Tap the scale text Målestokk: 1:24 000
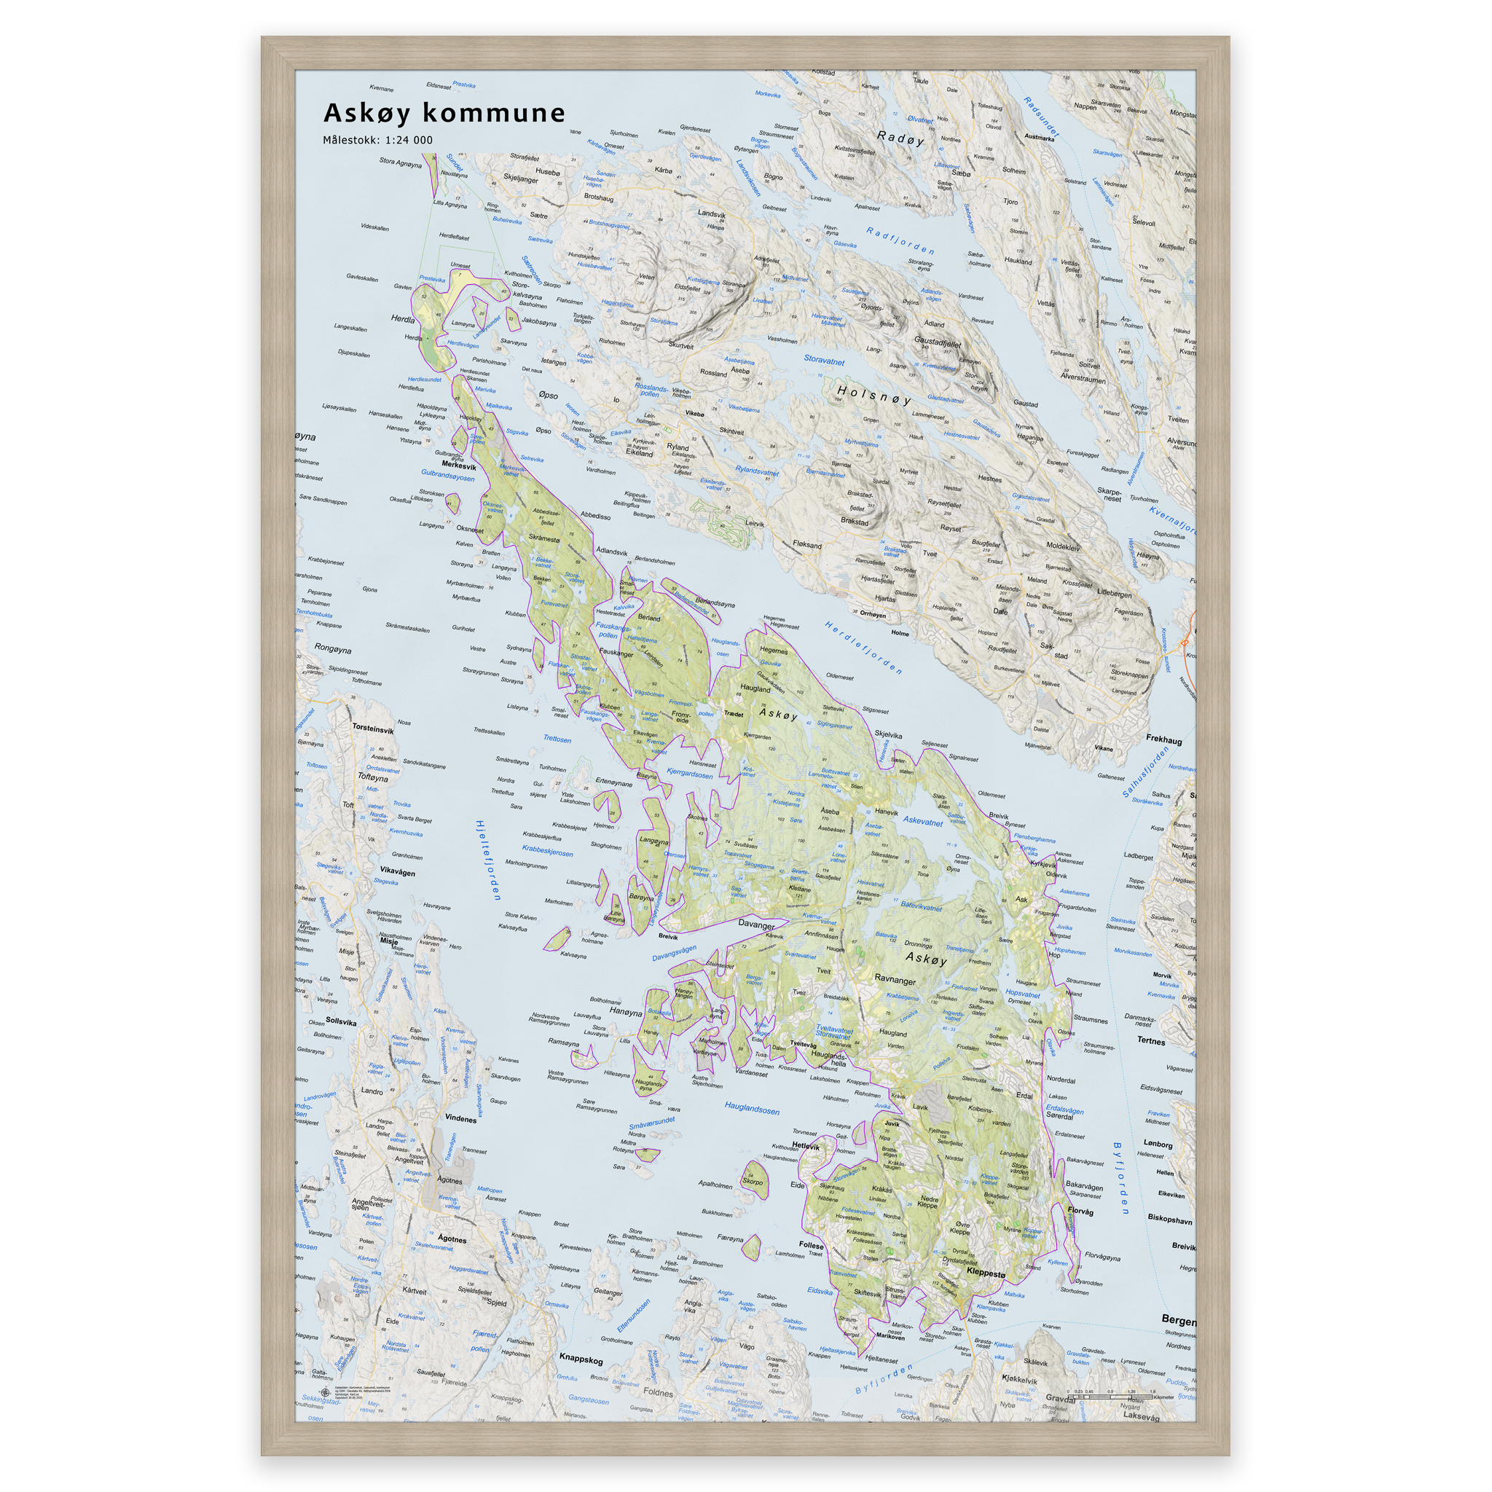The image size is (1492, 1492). coord(377,141)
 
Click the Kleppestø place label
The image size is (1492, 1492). coord(986,1272)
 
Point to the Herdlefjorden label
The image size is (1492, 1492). coord(863,647)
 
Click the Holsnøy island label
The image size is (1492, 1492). coord(873,396)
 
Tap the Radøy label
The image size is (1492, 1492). coord(900,138)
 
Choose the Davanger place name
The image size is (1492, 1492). coord(756,924)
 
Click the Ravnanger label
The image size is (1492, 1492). coord(895,980)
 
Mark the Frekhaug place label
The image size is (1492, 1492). coord(1163,740)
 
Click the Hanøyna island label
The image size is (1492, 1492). coord(626,1012)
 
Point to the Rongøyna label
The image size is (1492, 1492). coord(332,649)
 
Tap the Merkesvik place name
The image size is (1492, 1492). coord(459,466)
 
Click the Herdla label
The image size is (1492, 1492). coord(403,318)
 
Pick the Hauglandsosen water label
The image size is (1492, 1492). coord(751,1109)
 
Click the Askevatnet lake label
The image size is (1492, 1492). coord(923,822)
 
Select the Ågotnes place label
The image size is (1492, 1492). coord(452,1238)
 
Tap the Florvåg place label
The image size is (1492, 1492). coord(1080,1212)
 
